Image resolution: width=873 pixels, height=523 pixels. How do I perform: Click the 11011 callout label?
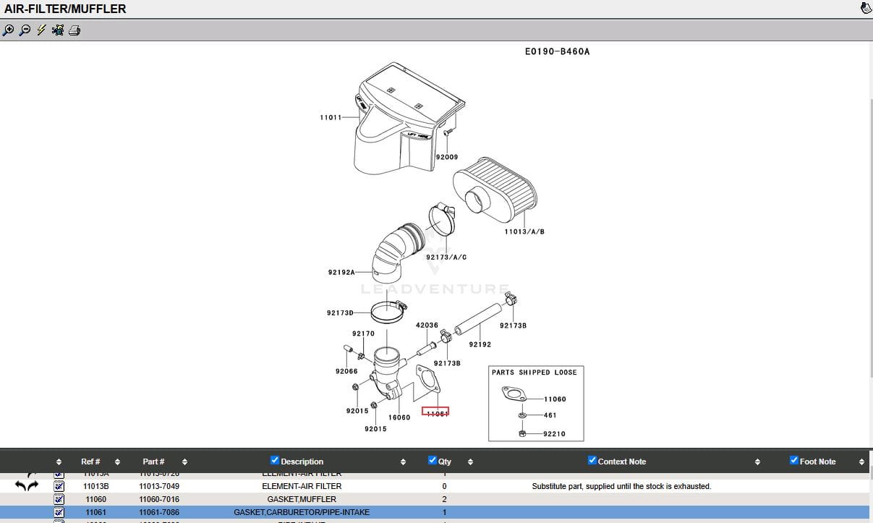pyautogui.click(x=331, y=117)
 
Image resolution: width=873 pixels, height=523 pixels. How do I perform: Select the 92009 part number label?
pyautogui.click(x=446, y=157)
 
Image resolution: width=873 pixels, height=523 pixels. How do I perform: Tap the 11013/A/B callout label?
pyautogui.click(x=524, y=231)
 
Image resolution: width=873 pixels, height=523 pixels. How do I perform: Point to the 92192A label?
pyautogui.click(x=341, y=273)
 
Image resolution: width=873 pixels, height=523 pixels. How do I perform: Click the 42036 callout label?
pyautogui.click(x=427, y=326)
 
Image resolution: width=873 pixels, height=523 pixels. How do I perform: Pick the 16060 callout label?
pyautogui.click(x=399, y=417)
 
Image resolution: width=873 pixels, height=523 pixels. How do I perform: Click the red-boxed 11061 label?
pyautogui.click(x=435, y=412)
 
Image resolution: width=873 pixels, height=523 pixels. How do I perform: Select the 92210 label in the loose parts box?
pyautogui.click(x=554, y=434)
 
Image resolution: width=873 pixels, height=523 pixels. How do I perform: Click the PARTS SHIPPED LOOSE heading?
pyautogui.click(x=534, y=373)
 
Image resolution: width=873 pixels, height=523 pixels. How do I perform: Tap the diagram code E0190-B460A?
pyautogui.click(x=557, y=52)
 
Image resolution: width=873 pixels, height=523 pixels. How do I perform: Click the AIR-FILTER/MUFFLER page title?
pyautogui.click(x=65, y=9)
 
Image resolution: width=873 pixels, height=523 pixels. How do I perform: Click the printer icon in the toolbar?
pyautogui.click(x=74, y=30)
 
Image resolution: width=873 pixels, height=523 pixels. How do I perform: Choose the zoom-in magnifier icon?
pyautogui.click(x=8, y=30)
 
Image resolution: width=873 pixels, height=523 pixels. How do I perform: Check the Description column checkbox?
pyautogui.click(x=274, y=461)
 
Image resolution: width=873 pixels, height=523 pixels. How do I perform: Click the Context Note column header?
pyautogui.click(x=621, y=462)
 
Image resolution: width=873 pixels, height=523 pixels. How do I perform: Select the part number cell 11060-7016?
pyautogui.click(x=159, y=499)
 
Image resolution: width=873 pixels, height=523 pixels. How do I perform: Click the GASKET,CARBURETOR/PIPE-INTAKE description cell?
pyautogui.click(x=302, y=512)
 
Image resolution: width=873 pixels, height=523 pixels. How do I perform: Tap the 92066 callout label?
pyautogui.click(x=346, y=371)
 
